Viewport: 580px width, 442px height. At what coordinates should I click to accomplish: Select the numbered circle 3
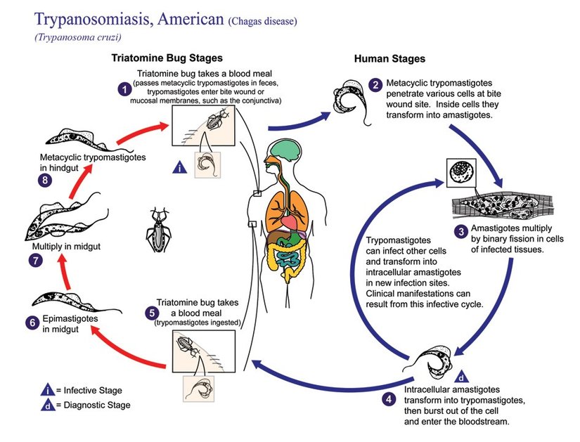[460, 230]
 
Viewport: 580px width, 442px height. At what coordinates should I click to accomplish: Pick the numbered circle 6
[30, 323]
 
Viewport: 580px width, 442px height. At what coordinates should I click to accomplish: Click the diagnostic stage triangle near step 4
[460, 375]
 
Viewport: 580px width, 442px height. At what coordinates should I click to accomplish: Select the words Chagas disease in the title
[262, 22]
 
